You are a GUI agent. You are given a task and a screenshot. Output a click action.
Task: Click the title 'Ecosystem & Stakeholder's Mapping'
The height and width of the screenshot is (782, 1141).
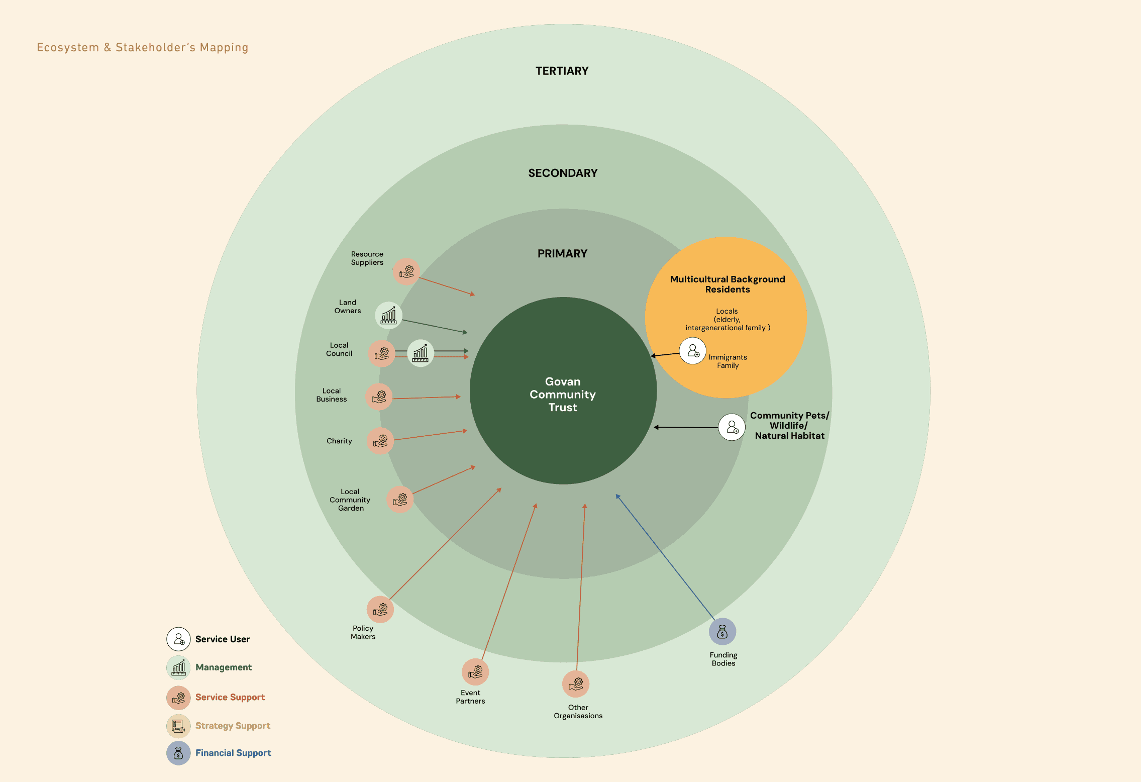tap(142, 48)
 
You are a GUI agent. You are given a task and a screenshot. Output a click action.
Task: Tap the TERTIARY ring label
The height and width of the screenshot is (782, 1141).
tap(562, 71)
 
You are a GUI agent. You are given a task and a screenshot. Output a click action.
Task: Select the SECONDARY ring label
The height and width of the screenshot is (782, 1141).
tap(563, 173)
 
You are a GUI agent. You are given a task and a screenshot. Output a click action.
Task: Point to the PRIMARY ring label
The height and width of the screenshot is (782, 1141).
tap(562, 253)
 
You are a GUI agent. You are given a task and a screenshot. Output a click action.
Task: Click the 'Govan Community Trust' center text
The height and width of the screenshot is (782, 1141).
tap(563, 394)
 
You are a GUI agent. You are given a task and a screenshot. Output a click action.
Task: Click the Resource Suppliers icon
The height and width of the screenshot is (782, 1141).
tap(406, 271)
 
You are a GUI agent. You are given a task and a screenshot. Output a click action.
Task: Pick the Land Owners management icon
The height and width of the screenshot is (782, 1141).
tap(388, 316)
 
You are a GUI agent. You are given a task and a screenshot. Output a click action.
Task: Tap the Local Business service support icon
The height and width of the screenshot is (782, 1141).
tap(379, 397)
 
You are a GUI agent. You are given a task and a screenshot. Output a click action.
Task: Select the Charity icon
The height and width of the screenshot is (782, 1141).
tap(380, 441)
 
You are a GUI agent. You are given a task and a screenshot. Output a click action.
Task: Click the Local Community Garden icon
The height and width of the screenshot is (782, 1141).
tap(400, 499)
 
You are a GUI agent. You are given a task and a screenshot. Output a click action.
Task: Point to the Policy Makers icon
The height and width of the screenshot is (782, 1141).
tap(380, 609)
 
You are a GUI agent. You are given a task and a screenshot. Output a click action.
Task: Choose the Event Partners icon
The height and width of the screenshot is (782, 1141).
tap(475, 671)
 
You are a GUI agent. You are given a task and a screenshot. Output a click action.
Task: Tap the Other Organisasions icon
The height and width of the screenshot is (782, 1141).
tap(575, 684)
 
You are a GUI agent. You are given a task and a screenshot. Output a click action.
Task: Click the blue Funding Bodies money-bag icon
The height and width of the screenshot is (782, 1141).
tap(722, 631)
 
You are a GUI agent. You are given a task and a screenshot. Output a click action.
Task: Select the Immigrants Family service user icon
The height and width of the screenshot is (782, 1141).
tap(693, 351)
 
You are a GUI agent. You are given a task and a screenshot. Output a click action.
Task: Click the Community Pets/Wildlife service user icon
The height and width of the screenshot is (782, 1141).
tap(732, 427)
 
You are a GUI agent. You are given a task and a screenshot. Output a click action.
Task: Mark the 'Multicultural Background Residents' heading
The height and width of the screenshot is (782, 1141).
tap(727, 284)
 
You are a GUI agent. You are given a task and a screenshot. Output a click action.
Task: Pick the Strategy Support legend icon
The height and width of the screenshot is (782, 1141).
tap(178, 726)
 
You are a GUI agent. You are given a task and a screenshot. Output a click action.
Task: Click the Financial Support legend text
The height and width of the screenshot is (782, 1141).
tap(233, 753)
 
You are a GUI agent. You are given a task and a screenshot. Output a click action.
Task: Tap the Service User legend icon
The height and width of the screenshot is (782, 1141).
tap(178, 639)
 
